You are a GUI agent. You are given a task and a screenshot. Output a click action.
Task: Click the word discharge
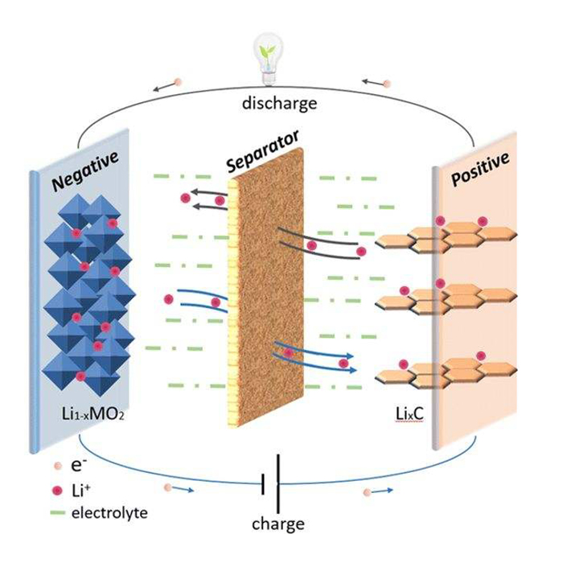[281, 103]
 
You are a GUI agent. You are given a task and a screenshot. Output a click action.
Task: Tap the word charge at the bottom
[277, 524]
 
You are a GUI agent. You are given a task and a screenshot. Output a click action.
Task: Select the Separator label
[257, 150]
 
